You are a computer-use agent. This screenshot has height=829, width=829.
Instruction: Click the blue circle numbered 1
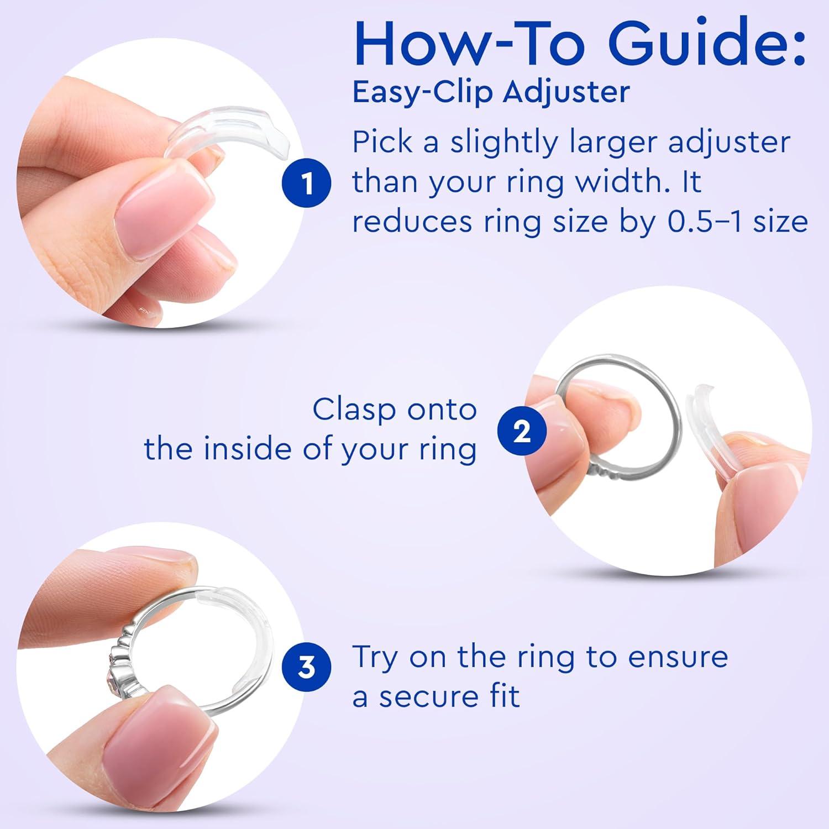(307, 183)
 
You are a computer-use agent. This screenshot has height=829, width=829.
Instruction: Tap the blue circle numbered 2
(522, 432)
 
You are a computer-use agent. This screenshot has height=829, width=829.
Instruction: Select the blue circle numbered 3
(307, 668)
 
